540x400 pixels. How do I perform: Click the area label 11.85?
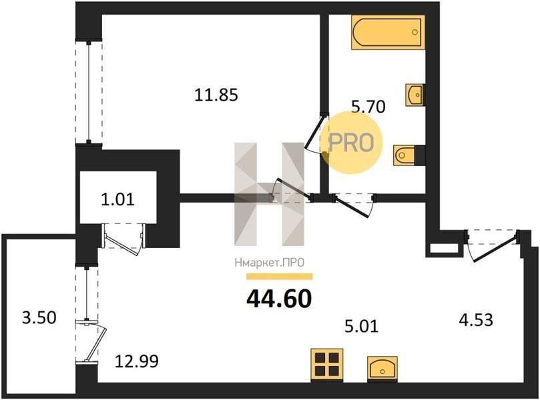coord(216,95)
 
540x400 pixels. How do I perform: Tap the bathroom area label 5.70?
coord(368,107)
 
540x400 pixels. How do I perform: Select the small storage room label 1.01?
coord(117,199)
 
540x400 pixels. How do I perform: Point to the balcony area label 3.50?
coord(39,317)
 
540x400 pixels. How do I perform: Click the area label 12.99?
coord(137,361)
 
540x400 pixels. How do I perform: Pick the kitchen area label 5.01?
coord(362,326)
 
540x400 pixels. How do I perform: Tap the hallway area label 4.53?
coord(477,320)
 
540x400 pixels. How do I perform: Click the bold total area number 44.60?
coord(279,298)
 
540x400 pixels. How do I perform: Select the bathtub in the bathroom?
coord(388,32)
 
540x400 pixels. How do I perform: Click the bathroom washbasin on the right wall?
coord(415,95)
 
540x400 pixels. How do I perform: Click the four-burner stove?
coord(327,365)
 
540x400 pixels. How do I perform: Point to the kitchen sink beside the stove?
coord(382,369)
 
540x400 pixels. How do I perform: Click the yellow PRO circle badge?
coord(352,143)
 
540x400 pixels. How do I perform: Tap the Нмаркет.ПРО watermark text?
coord(269,263)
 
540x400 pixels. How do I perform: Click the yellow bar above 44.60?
coord(279,277)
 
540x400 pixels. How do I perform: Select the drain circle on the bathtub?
coord(415,32)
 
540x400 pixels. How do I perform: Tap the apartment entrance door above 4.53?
coord(492,245)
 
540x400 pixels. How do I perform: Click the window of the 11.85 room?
coord(89,93)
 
